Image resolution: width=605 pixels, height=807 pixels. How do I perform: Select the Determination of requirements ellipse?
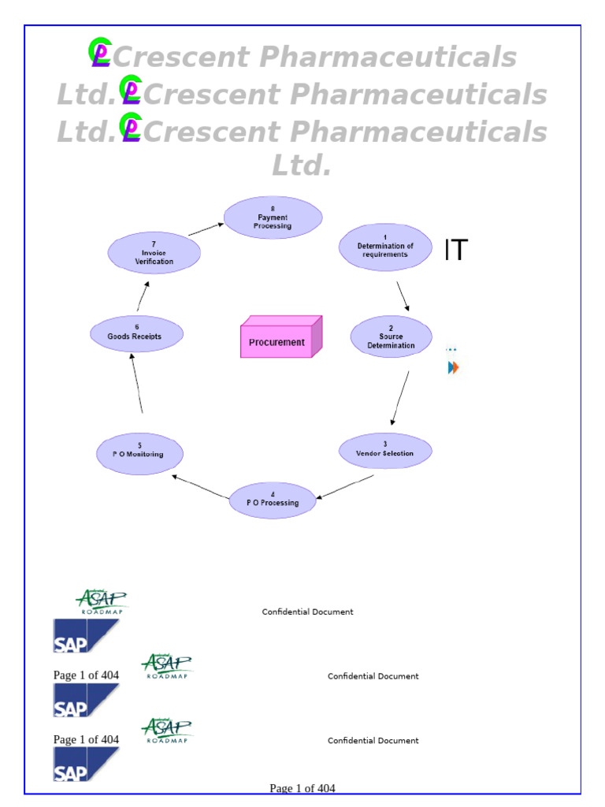point(385,247)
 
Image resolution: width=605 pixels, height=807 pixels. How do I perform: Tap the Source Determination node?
point(391,337)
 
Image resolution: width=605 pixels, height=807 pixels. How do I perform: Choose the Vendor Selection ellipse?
point(385,450)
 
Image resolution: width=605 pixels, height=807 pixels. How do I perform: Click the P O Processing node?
point(273,500)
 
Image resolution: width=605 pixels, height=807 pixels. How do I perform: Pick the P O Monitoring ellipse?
point(140,453)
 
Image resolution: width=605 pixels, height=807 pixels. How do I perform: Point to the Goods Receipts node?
point(136,333)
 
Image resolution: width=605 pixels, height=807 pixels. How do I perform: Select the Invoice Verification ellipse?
point(154,253)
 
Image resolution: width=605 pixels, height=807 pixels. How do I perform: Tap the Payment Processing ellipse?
point(273,218)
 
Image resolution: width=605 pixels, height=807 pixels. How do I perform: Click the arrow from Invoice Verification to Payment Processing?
point(206,229)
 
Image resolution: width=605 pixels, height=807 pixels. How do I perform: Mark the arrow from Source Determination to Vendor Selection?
point(400,398)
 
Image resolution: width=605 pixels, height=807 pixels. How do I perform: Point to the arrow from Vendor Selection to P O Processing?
point(344,487)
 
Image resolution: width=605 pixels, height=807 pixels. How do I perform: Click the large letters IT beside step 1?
point(455,251)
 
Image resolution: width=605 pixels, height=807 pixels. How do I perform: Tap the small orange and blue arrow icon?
point(453,367)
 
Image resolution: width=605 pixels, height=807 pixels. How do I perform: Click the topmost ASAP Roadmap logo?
point(101,601)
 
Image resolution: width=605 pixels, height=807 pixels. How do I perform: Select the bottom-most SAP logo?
point(86,764)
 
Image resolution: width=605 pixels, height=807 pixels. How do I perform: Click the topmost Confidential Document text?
point(307,612)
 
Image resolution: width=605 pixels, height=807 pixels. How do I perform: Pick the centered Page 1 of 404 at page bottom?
point(302,788)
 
